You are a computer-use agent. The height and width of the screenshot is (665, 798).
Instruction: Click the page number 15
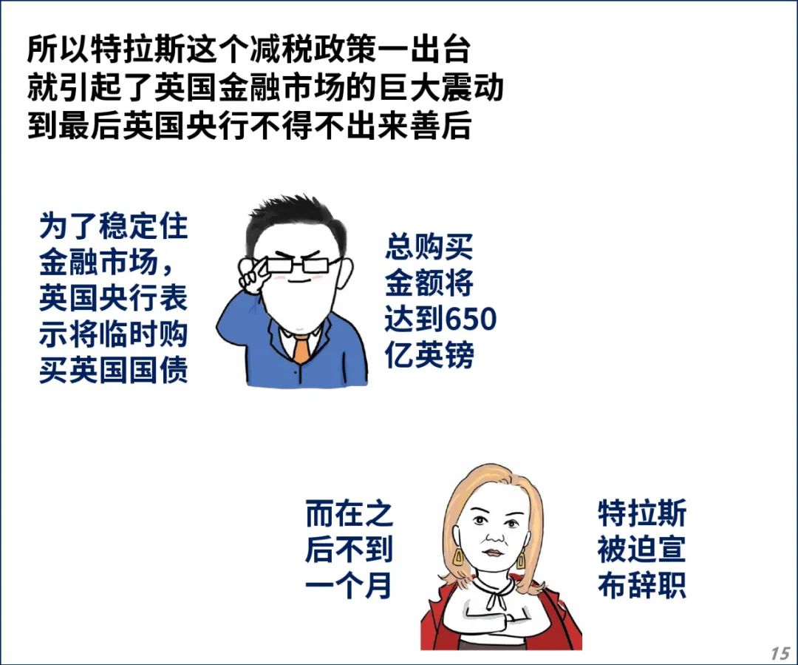[x=780, y=653]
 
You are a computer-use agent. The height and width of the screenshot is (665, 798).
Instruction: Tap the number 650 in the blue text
[x=470, y=319]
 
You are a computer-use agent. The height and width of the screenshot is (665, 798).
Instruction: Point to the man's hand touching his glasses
[x=253, y=275]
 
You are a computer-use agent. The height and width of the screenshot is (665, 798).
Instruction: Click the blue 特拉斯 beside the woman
[x=642, y=513]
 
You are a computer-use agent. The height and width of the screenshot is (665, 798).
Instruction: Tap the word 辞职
[x=657, y=585]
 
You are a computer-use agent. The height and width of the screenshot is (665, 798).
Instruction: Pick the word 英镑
[x=444, y=354]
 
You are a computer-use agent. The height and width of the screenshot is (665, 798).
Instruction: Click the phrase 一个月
[x=349, y=585]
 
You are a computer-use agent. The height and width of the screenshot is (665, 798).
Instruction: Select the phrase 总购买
[x=429, y=246]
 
